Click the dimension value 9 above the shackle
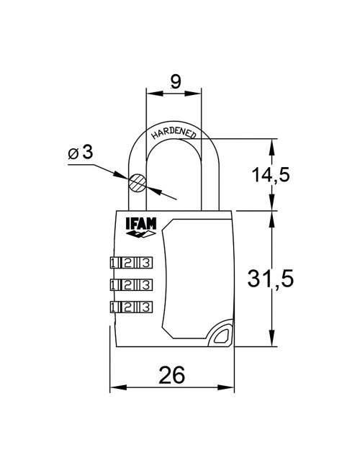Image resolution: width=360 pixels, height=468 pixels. click(175, 82)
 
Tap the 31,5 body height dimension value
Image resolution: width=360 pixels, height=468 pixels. click(271, 280)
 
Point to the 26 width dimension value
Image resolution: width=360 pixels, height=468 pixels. click(171, 374)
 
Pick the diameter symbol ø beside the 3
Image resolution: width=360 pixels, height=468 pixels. click(73, 153)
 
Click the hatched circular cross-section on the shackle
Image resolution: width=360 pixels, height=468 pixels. click(138, 183)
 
